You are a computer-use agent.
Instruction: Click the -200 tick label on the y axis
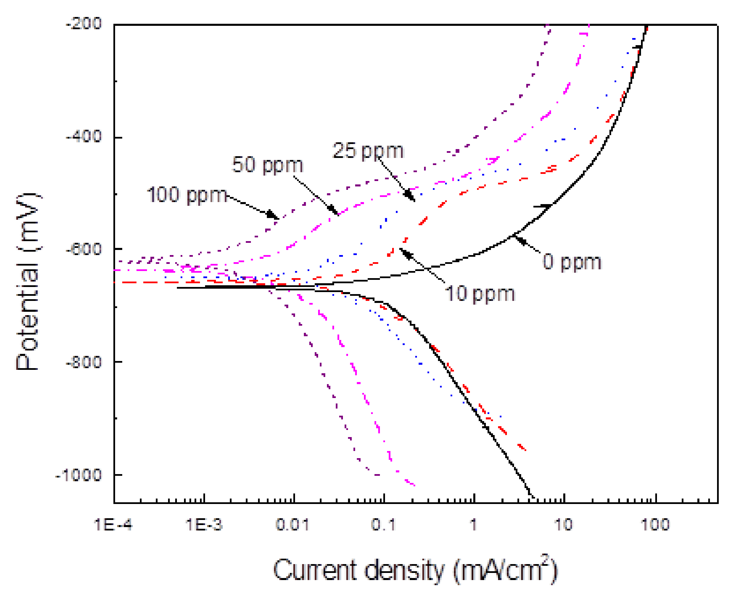(84, 24)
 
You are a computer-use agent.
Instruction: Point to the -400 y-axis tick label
(84, 137)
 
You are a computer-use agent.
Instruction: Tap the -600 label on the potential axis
(84, 249)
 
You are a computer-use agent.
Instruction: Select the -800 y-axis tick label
(84, 362)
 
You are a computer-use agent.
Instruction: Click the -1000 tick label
(79, 475)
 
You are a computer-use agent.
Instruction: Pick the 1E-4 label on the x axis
(113, 525)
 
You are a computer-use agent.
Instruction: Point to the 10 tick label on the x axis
(563, 525)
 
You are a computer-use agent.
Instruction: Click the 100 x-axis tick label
(655, 525)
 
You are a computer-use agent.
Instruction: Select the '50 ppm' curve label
(268, 165)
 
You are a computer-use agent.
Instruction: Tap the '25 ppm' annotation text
(368, 151)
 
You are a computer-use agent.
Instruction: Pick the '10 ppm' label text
(479, 294)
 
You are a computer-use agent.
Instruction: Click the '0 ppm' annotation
(572, 263)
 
